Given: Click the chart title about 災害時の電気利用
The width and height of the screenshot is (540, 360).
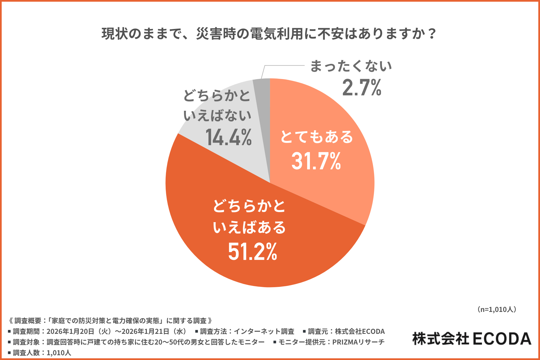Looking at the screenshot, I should click(269, 34).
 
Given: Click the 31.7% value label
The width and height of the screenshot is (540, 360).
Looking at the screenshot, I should click(316, 161).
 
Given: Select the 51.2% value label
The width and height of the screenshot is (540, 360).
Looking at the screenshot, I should click(252, 252).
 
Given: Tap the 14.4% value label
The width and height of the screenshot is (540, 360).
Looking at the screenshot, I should click(228, 138).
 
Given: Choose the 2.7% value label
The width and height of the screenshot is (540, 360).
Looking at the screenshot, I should click(362, 88).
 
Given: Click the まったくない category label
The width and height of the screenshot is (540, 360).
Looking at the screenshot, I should click(350, 66).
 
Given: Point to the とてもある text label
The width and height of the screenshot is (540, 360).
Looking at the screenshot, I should click(316, 137).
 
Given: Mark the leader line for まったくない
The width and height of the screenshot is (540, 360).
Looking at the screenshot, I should click(284, 66).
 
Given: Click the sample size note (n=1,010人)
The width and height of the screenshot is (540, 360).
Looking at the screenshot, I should click(497, 309).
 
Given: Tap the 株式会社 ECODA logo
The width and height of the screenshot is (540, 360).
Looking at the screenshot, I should click(472, 339).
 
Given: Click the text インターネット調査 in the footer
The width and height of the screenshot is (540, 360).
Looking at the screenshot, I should click(264, 331).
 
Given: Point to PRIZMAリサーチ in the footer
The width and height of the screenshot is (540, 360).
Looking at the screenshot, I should click(358, 342).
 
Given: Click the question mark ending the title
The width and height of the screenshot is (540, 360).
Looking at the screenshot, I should click(432, 34).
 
